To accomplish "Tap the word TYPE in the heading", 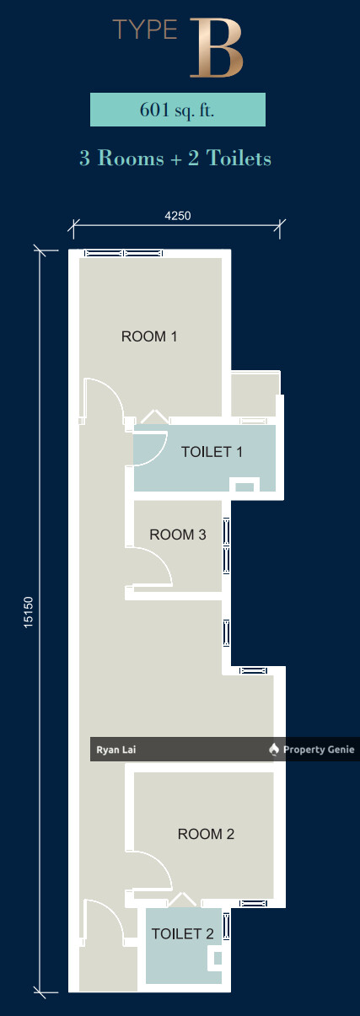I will pyautogui.click(x=145, y=32).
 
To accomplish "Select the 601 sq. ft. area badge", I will pyautogui.click(x=178, y=110).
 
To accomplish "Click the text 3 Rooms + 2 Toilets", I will pyautogui.click(x=175, y=158).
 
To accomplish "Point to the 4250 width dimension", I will pyautogui.click(x=177, y=215).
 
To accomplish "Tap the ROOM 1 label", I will pyautogui.click(x=149, y=336).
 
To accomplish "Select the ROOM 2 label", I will pyautogui.click(x=206, y=834).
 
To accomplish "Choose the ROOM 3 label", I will pyautogui.click(x=177, y=535).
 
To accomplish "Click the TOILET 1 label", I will pyautogui.click(x=212, y=452).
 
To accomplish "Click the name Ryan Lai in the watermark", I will pyautogui.click(x=112, y=750).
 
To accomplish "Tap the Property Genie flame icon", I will pyautogui.click(x=273, y=750).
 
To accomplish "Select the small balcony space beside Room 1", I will pyautogui.click(x=254, y=395).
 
